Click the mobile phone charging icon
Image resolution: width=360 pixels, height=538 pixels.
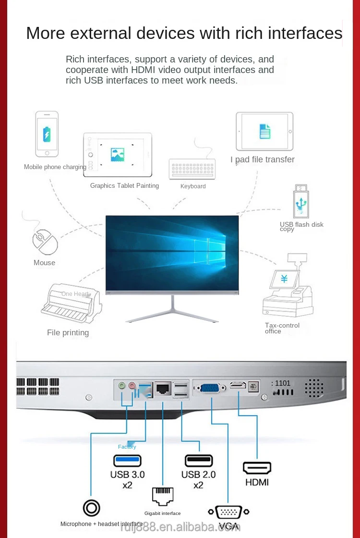(47, 134)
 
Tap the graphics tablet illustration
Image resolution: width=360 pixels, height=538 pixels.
(118, 155)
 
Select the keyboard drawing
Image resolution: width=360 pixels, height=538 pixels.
(192, 169)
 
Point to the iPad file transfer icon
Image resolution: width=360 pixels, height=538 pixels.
(264, 131)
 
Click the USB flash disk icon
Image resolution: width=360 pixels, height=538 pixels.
(300, 201)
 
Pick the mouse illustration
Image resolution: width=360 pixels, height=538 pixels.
(45, 242)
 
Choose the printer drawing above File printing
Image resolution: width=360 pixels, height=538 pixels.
(72, 304)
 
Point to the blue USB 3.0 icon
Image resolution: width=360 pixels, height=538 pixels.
(127, 460)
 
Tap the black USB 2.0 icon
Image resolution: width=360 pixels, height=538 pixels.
(199, 460)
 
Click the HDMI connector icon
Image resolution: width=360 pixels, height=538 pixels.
(257, 468)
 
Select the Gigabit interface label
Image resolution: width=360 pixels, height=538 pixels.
(163, 514)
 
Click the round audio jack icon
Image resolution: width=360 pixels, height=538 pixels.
(91, 508)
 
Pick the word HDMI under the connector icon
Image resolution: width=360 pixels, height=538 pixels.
(257, 482)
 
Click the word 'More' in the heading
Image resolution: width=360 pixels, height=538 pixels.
(45, 33)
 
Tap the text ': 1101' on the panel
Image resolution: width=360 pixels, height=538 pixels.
(281, 383)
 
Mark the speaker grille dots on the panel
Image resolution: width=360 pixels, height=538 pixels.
(314, 388)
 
